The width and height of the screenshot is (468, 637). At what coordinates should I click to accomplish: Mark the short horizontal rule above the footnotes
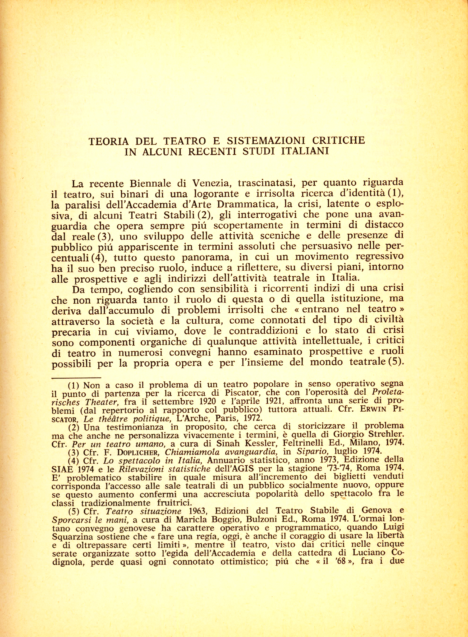[x=77, y=378]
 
